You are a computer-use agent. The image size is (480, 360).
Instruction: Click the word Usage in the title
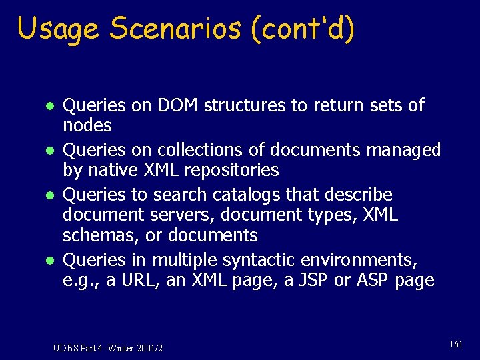pos(59,29)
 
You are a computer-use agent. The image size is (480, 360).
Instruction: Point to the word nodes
pos(87,125)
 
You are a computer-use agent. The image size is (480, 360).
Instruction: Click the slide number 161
pos(456,344)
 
